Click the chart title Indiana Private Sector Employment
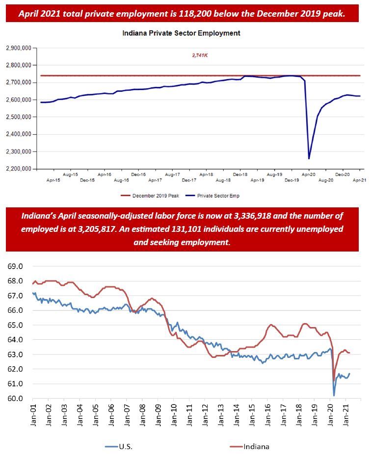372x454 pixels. (x=181, y=33)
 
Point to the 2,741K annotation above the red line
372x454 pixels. (x=200, y=56)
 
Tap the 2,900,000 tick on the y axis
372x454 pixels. (x=18, y=48)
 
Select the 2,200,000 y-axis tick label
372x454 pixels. (x=18, y=169)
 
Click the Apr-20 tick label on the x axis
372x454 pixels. (x=308, y=174)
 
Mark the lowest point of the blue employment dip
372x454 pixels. (x=309, y=158)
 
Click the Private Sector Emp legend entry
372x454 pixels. (x=218, y=196)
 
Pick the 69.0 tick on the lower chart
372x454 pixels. (x=14, y=267)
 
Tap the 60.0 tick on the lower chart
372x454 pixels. (x=14, y=399)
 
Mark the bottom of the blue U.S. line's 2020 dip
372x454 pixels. (x=334, y=395)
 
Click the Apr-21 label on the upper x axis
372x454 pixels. (x=360, y=180)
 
